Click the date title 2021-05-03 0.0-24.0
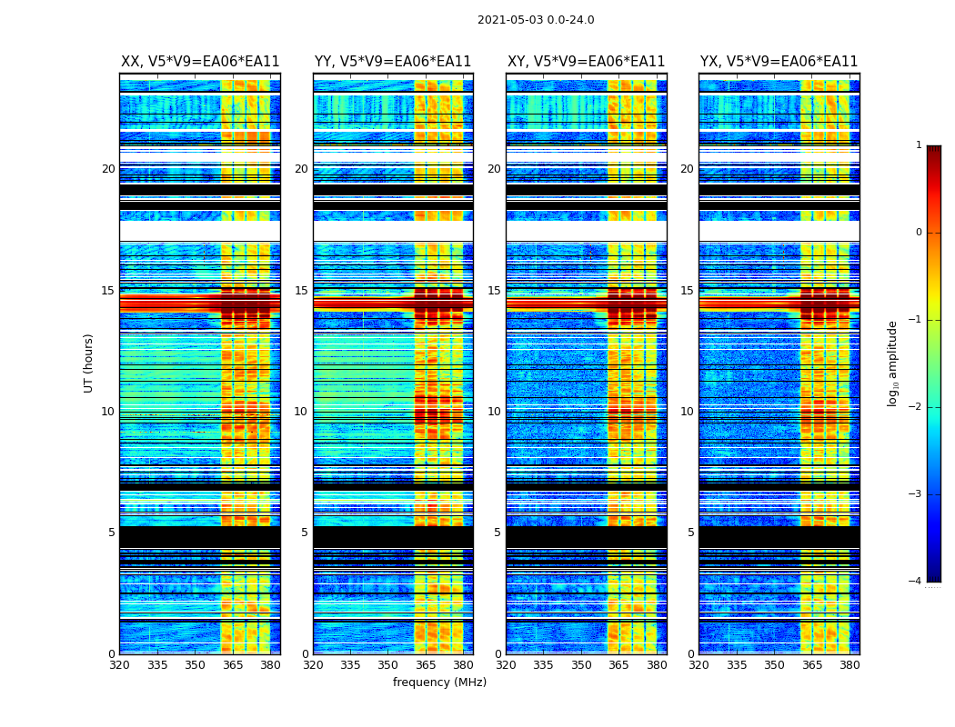[x=536, y=20]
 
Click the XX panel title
[x=200, y=62]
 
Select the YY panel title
[x=393, y=62]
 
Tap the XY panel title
[x=586, y=62]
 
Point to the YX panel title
[x=779, y=62]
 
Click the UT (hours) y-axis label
[x=88, y=363]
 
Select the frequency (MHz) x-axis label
[x=439, y=682]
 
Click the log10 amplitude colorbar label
[x=893, y=363]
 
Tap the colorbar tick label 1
[x=918, y=145]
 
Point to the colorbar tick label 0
[x=918, y=233]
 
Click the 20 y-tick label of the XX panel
[x=108, y=169]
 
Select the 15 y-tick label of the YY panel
[x=301, y=291]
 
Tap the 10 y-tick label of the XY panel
[x=494, y=412]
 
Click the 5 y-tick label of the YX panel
[x=690, y=533]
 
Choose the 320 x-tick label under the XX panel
[x=119, y=665]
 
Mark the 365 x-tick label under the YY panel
[x=426, y=665]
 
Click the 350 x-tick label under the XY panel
[x=581, y=665]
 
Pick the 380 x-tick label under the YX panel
[x=849, y=665]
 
